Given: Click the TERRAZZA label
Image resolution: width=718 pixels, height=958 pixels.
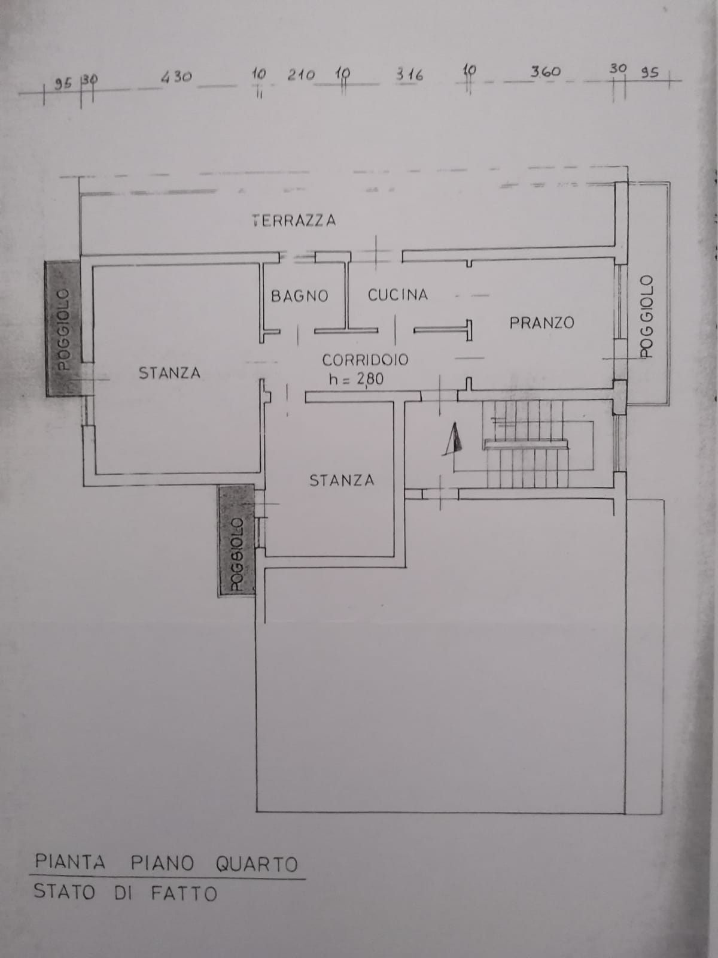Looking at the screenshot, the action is coord(294,220).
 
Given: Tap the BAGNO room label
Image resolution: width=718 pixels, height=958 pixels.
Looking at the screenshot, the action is coord(300,296).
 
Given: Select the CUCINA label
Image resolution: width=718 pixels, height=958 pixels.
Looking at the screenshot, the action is coord(397,295).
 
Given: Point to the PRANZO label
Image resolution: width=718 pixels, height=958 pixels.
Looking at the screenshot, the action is coord(542,323).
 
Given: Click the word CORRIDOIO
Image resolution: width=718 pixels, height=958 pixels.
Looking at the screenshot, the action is coord(366,360).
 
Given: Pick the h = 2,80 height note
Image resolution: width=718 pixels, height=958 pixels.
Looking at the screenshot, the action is coord(356,379).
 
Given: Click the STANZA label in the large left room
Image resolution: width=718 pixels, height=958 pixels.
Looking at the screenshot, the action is coord(169,373).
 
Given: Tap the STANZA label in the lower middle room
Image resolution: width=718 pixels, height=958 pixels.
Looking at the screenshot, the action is coord(342,481).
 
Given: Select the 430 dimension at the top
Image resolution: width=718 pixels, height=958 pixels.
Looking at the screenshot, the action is coord(176,77).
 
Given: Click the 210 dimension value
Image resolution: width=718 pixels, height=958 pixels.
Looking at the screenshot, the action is coord(301,75).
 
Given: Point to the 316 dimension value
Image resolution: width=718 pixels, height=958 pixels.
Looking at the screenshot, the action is coord(409,75).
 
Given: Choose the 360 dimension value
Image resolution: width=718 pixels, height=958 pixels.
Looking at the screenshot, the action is coord(545,72).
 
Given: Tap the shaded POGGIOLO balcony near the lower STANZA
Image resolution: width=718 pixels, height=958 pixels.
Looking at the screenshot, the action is coord(236,540).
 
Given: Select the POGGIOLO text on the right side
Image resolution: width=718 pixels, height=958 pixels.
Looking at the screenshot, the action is coord(647,316).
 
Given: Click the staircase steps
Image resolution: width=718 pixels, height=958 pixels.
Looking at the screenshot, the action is coord(527,444).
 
